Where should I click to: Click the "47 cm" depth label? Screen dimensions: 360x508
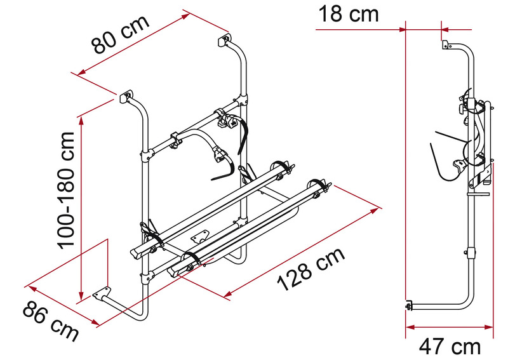450,347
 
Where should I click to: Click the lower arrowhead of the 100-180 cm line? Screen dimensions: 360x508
81,296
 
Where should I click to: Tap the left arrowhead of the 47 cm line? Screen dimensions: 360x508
410,327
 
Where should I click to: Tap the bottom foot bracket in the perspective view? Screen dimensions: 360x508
100,294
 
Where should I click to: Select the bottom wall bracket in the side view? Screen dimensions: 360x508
406,306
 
